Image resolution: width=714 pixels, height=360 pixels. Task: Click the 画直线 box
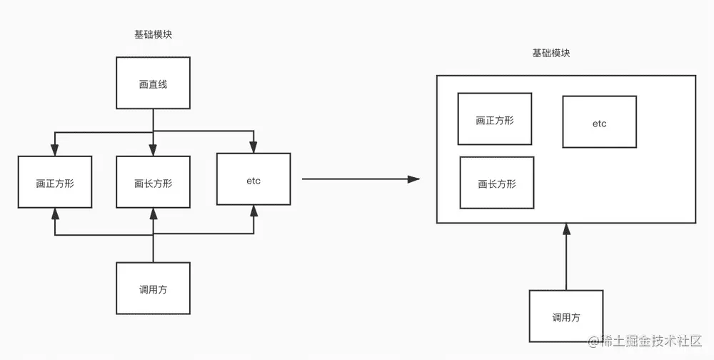coord(153,84)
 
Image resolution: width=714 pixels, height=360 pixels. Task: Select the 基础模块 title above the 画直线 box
coord(153,35)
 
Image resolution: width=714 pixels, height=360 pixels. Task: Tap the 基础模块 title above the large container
coord(550,54)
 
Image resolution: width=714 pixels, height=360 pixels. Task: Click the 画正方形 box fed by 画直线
coord(55,182)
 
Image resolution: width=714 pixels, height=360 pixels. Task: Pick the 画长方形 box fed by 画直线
coord(153,182)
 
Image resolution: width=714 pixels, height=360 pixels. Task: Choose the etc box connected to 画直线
coord(253,180)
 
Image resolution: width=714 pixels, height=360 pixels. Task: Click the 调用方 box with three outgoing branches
coord(153,289)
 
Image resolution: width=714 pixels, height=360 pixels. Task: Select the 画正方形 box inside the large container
coord(494,119)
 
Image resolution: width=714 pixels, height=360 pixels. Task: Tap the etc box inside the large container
coord(599,123)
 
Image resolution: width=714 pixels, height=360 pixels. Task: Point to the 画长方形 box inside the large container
coord(496,183)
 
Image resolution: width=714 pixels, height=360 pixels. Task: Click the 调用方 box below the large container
coord(565,316)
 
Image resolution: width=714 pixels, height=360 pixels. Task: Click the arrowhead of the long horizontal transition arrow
coord(413,179)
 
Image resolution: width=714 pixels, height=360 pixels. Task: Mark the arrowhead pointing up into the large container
coord(566,229)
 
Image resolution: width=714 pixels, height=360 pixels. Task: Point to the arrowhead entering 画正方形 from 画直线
coord(55,151)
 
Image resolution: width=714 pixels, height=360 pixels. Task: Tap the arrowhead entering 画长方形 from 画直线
coord(153,151)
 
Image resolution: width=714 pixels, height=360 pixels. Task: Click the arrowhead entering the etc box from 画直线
coord(253,148)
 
